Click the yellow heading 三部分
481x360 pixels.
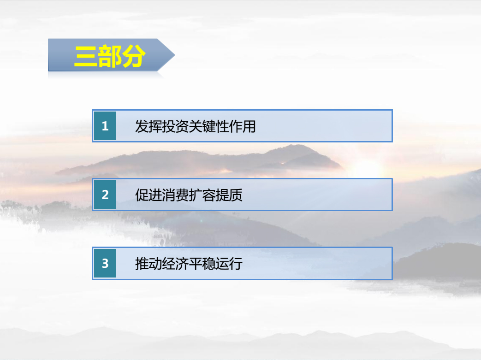[109, 56]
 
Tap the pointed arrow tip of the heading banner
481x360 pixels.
[175, 55]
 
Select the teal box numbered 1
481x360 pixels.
[105, 126]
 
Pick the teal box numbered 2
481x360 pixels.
[105, 195]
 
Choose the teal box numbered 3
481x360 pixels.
[105, 263]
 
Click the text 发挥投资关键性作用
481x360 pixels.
[196, 126]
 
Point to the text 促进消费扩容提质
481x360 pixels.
[189, 195]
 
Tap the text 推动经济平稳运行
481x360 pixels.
[189, 264]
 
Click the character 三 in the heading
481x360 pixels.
[86, 56]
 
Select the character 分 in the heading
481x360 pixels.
[133, 56]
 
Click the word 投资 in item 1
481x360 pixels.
[175, 126]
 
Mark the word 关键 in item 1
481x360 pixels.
[202, 126]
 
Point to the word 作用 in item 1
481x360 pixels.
[243, 126]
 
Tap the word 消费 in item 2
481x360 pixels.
[175, 195]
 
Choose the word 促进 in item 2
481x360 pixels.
[148, 195]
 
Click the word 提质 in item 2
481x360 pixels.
[229, 195]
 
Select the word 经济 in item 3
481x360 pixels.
[175, 264]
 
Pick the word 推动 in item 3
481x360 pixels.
[148, 264]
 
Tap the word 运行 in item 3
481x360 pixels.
[229, 264]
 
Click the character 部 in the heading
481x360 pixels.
[109, 56]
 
